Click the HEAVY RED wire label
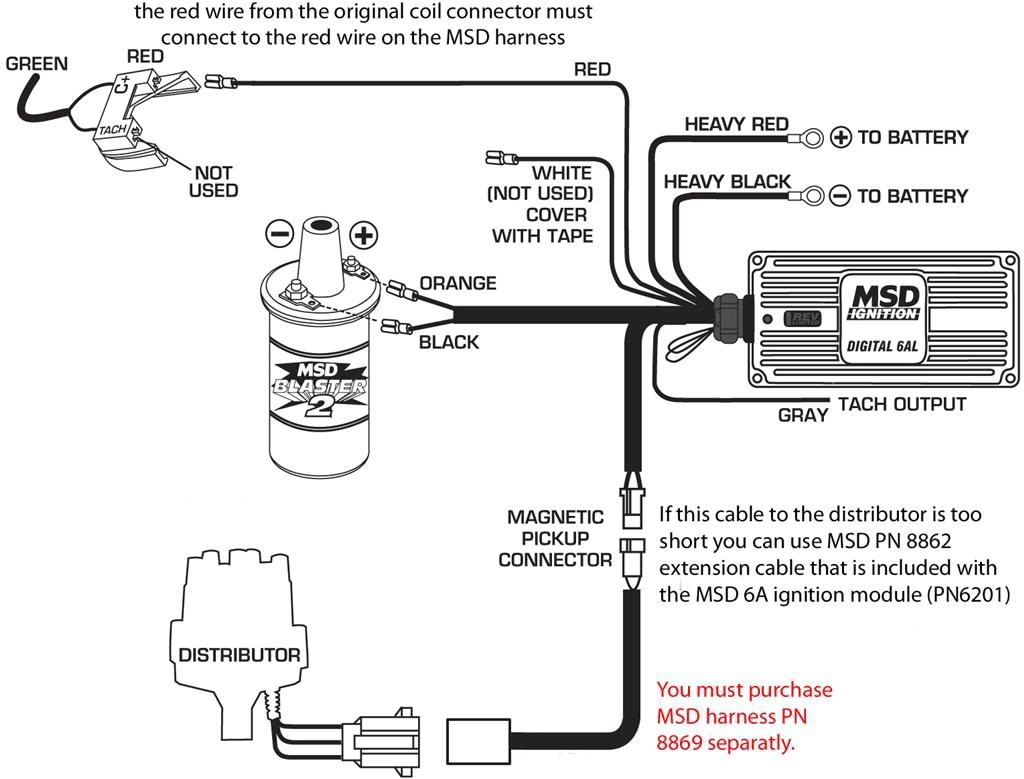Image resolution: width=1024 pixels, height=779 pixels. point(736,124)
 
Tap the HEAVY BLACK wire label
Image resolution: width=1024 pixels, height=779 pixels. point(727,182)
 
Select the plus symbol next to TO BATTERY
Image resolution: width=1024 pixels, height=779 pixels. point(841,137)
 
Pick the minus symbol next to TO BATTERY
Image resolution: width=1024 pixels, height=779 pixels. point(841,196)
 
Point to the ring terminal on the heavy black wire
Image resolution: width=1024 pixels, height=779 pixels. point(808,196)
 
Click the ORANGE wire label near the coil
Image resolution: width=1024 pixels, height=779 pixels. point(457,283)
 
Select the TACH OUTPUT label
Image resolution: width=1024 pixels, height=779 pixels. point(901,404)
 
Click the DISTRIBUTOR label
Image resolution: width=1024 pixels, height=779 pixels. point(239,655)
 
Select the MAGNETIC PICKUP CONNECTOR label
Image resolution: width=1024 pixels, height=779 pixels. point(555,538)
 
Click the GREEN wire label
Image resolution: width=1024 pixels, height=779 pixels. point(37,64)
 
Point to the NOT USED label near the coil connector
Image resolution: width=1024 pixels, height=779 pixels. point(213,181)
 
